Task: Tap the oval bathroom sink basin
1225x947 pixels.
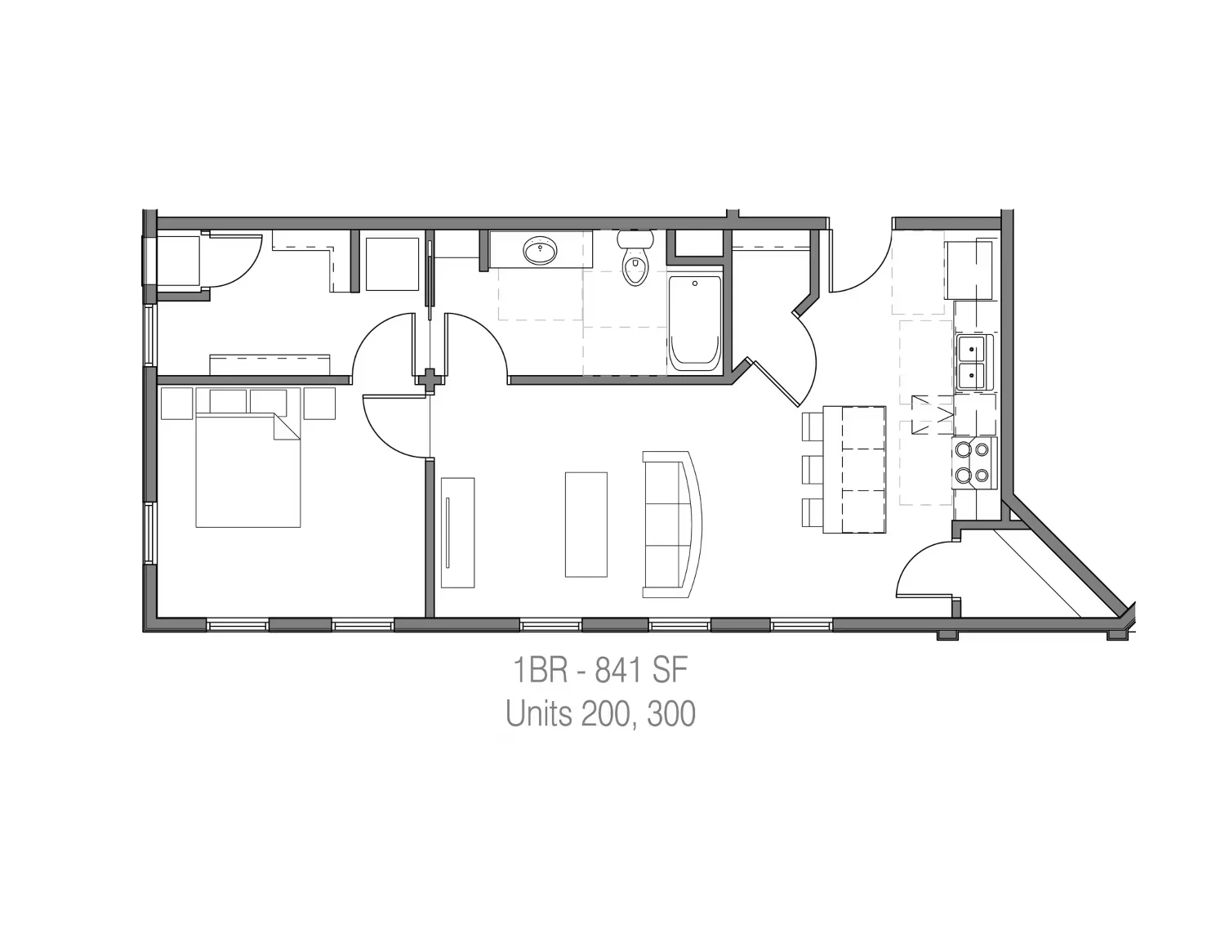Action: [x=540, y=250]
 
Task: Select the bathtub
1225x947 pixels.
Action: [x=695, y=324]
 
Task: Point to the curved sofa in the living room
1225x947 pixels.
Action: [x=673, y=525]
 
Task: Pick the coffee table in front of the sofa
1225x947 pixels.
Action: [x=586, y=525]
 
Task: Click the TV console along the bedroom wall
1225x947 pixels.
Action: [x=457, y=533]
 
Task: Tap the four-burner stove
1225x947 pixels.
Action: [x=974, y=463]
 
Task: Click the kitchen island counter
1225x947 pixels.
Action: [x=854, y=469]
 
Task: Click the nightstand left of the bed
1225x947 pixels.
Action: [x=177, y=404]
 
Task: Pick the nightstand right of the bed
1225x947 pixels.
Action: [x=319, y=404]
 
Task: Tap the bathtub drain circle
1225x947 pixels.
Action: [x=695, y=284]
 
